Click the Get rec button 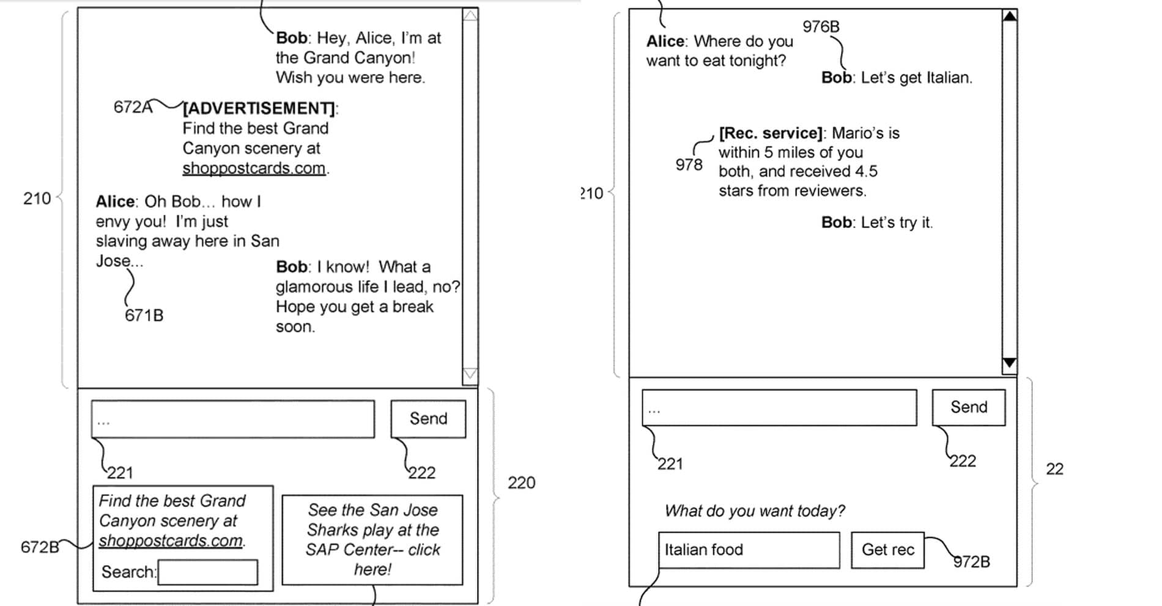coord(887,550)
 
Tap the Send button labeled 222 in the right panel coord(969,407)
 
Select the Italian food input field coord(749,550)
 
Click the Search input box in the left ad coord(207,572)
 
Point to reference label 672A coord(133,107)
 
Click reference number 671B coord(144,315)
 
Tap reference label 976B coord(821,26)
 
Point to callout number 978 coord(689,164)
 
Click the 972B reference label coord(972,561)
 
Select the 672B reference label coord(40,547)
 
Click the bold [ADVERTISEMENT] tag coord(259,108)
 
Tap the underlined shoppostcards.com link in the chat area coord(254,168)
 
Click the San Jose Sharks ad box coord(372,540)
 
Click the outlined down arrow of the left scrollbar coord(470,374)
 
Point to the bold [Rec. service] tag coord(771,133)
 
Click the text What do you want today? coord(755,511)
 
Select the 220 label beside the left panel coord(521,482)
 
